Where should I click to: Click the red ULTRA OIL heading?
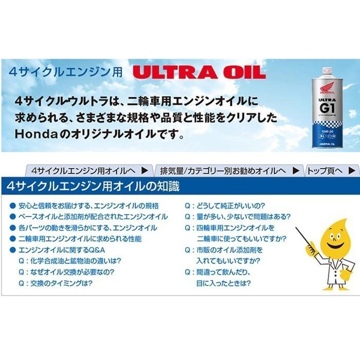(x=199, y=71)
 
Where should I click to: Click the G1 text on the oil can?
(x=328, y=109)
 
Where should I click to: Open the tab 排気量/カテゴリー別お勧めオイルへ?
(x=229, y=170)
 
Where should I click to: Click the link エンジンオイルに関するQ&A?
(x=61, y=250)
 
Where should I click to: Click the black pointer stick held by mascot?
(x=303, y=237)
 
